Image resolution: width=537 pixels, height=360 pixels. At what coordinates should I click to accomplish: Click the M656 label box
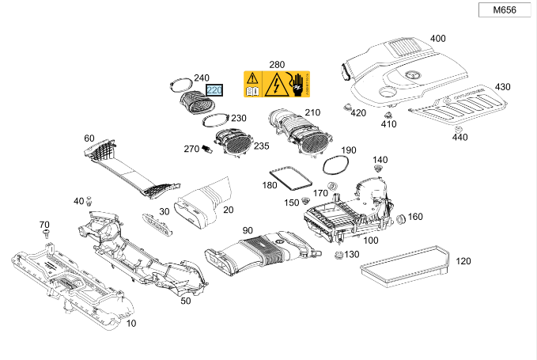point(505,9)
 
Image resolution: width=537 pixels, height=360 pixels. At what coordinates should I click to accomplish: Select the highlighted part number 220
point(214,90)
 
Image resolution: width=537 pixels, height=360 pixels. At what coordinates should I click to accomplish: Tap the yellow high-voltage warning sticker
point(277,84)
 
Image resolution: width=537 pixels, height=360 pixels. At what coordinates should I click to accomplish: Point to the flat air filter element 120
point(404,266)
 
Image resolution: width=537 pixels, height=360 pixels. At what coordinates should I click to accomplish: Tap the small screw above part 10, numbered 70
point(46,234)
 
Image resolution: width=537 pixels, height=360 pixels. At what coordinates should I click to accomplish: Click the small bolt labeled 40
point(89,201)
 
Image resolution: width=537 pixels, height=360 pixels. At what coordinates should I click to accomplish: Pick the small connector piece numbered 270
point(206,149)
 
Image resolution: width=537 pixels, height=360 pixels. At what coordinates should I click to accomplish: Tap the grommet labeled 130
point(338,255)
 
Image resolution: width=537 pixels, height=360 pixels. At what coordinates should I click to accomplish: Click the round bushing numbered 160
point(401,218)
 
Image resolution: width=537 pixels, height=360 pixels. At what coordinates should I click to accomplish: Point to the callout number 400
point(437,39)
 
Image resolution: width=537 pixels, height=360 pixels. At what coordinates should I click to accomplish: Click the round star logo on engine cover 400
point(410,74)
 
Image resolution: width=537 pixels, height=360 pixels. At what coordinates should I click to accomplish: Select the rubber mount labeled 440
point(458,129)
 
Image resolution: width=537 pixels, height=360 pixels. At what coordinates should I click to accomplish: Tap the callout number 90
point(248,230)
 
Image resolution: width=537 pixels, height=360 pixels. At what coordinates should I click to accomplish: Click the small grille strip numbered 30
point(157,225)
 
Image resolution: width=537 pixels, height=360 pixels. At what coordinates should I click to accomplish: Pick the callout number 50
point(185,301)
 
